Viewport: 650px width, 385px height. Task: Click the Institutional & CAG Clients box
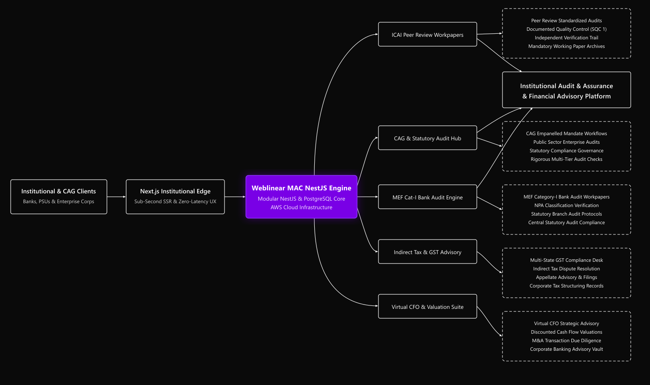[59, 197]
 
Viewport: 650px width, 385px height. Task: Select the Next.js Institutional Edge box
[175, 197]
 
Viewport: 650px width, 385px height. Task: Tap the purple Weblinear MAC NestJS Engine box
[301, 197]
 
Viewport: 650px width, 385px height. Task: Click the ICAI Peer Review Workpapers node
[428, 34]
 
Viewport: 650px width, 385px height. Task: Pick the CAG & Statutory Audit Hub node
[428, 138]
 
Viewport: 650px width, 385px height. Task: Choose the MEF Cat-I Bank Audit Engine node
[428, 197]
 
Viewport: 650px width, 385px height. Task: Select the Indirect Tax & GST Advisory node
[428, 252]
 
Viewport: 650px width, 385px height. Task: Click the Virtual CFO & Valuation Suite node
[428, 306]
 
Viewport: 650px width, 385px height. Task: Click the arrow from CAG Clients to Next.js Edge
[116, 197]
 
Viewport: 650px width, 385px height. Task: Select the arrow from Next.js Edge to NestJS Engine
[235, 197]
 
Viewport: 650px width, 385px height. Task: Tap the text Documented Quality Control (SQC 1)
[567, 29]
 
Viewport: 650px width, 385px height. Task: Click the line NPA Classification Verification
[567, 205]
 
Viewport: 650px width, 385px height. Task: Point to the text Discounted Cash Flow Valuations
[567, 332]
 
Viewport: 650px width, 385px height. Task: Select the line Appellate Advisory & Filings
[567, 277]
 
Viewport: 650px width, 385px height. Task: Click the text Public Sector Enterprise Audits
[567, 142]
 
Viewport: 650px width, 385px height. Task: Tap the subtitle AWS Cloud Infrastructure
[301, 207]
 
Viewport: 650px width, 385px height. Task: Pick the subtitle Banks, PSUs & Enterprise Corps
[59, 201]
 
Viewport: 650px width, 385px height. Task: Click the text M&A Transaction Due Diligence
[567, 341]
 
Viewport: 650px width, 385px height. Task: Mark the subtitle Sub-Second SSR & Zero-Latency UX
[175, 201]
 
